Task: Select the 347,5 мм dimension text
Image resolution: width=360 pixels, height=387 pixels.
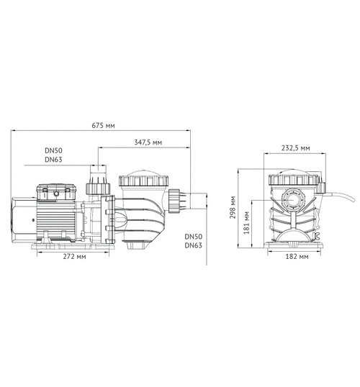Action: point(148,143)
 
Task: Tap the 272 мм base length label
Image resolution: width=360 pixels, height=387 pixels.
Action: point(76,256)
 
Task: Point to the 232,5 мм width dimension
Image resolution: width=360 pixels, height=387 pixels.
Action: point(296,147)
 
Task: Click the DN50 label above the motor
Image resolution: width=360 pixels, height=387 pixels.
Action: point(53,151)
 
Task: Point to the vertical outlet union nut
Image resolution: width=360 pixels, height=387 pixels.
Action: point(94,188)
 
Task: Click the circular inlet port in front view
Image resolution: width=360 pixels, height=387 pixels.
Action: point(296,198)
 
